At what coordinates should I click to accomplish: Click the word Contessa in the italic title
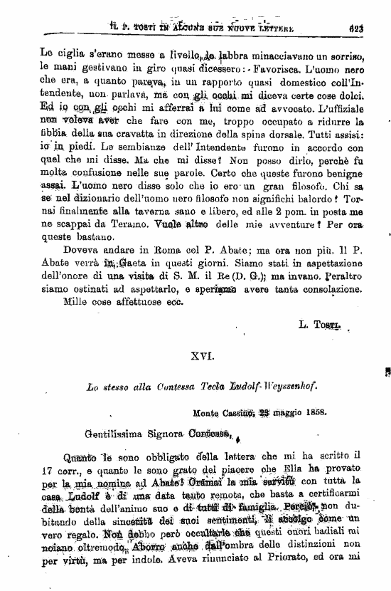[x=164, y=388]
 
